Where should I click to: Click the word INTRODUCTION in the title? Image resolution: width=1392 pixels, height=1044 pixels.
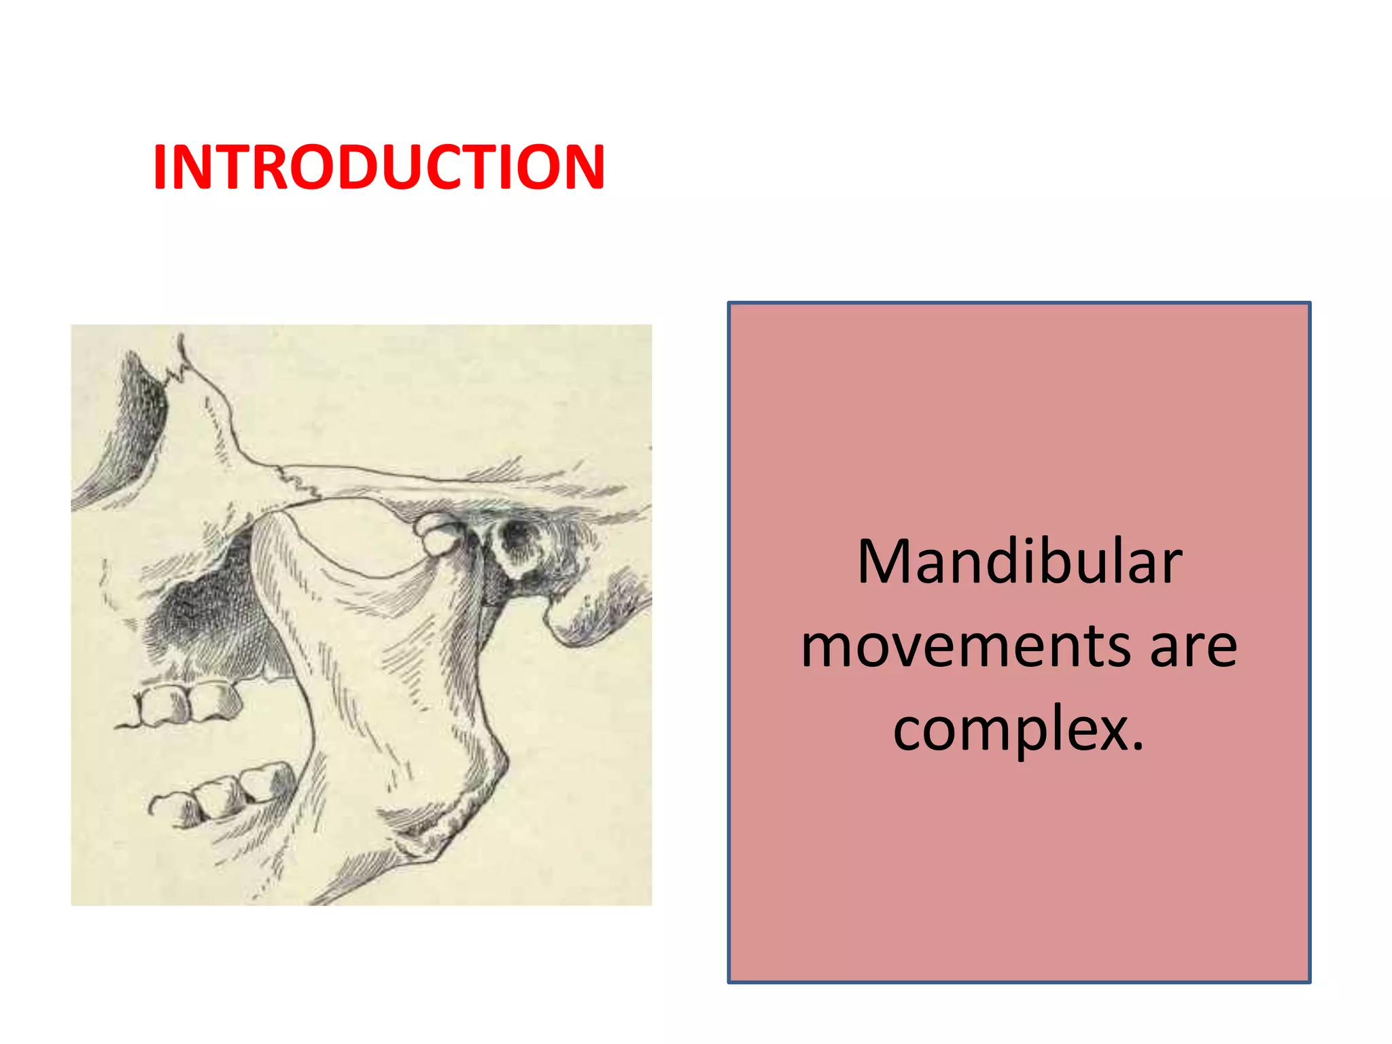tap(379, 167)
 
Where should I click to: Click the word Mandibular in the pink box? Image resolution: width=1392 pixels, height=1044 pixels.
tap(1020, 563)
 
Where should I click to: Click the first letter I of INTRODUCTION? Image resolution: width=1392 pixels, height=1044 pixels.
tap(160, 167)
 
